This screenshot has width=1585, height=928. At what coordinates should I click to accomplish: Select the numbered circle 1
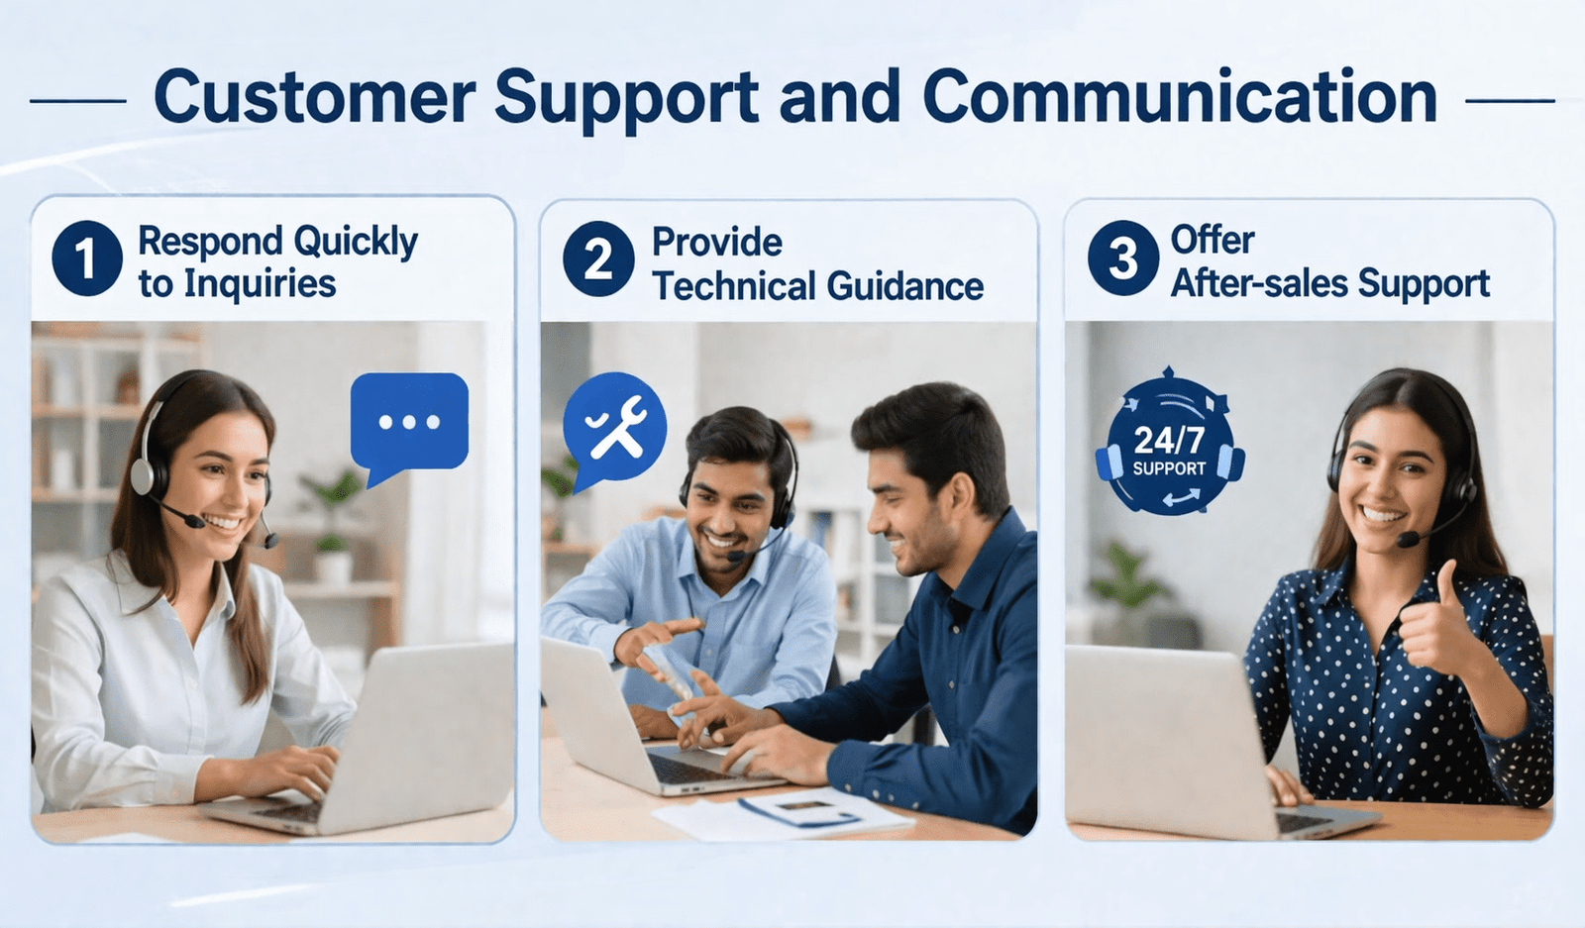pos(87,258)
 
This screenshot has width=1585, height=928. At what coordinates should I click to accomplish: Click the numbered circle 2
pos(598,258)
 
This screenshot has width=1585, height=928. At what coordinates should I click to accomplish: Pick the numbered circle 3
pos(1123,258)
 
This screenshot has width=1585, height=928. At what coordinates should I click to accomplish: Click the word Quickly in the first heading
pos(356,243)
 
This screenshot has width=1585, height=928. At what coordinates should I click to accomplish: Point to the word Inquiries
pos(260,284)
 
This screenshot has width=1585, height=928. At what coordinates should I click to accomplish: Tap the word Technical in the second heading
pos(734,286)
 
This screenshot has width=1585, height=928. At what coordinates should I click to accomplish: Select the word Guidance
pos(905,286)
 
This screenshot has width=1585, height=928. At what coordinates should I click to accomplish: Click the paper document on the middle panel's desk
pos(782,813)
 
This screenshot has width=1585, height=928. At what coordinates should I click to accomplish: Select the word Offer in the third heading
pos(1213,240)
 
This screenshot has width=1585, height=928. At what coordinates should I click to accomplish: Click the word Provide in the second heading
pos(717,243)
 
